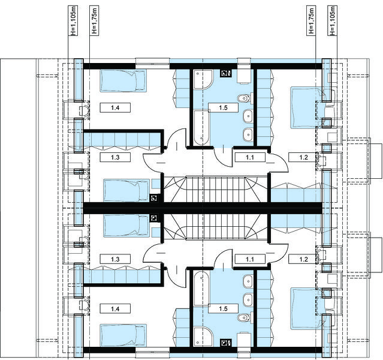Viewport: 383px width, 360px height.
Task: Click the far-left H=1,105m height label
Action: (x=74, y=21)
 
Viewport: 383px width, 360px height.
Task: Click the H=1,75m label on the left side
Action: (x=95, y=21)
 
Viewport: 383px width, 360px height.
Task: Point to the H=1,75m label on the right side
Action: (x=311, y=21)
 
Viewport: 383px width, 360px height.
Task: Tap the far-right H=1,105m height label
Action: (x=331, y=21)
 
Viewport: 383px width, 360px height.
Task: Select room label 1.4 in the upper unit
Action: (x=115, y=107)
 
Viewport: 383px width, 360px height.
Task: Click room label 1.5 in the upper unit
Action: (x=223, y=107)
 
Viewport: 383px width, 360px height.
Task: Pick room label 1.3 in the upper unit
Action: (x=115, y=157)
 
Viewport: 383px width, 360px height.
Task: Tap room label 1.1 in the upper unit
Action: (x=250, y=157)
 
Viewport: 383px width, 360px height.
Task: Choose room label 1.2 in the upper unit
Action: (x=304, y=157)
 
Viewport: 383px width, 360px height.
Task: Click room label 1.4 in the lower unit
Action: (x=115, y=309)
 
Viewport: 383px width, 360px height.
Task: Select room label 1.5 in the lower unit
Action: (x=223, y=309)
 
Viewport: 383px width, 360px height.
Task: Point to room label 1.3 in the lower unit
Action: (x=115, y=259)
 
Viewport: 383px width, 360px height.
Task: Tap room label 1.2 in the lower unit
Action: (x=304, y=259)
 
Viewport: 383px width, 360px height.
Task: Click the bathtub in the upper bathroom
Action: (x=202, y=127)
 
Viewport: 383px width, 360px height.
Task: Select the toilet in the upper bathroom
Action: (x=243, y=98)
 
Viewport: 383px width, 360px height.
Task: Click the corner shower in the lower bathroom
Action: (x=203, y=337)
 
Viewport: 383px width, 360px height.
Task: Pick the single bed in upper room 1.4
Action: (x=123, y=81)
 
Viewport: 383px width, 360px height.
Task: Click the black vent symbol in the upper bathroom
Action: (x=225, y=73)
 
